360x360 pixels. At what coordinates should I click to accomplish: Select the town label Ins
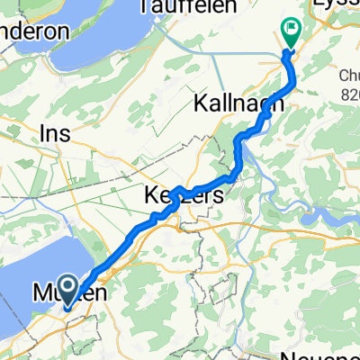click(54, 133)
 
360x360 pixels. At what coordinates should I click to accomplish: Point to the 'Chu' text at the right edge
click(346, 76)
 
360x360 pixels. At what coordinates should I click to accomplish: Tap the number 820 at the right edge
click(347, 93)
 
